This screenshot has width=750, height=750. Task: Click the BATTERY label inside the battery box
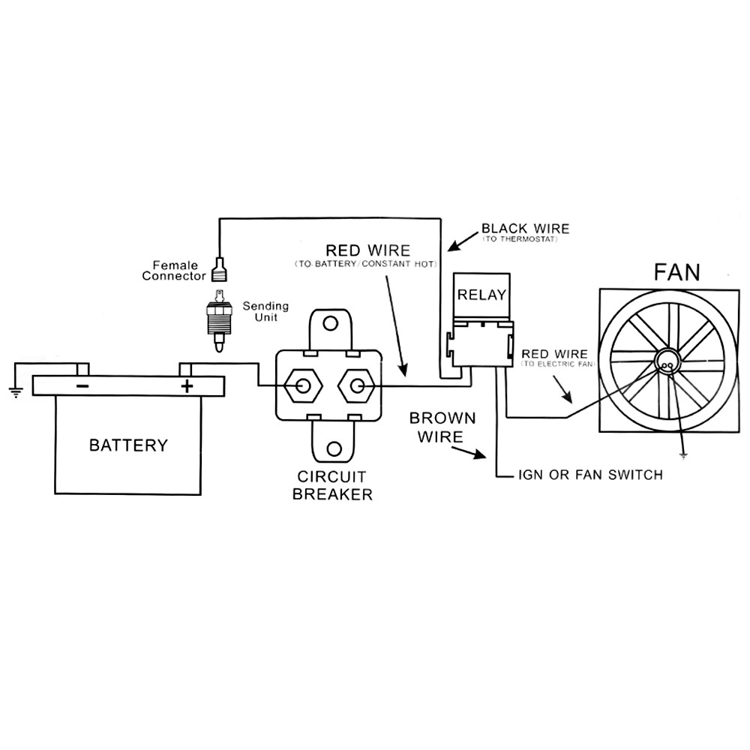click(128, 445)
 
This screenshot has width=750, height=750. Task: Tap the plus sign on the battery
click(187, 386)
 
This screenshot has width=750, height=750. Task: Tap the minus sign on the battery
click(82, 386)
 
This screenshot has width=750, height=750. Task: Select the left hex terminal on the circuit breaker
click(303, 385)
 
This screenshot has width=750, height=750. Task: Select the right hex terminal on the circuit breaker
click(357, 385)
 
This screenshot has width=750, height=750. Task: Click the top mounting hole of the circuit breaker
click(330, 324)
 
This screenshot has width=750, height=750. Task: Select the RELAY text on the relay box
click(481, 294)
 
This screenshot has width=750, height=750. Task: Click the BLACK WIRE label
click(525, 229)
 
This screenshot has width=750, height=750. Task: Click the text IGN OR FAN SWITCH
click(590, 475)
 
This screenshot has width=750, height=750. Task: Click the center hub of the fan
click(665, 362)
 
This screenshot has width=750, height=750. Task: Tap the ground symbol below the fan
click(682, 455)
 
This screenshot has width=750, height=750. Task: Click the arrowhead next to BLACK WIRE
click(451, 247)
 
